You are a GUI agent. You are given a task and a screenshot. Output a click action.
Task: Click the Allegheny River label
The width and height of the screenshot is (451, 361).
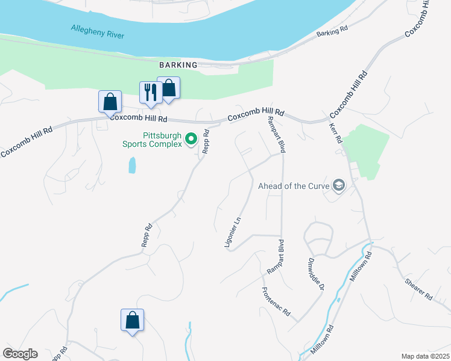(x=97, y=31)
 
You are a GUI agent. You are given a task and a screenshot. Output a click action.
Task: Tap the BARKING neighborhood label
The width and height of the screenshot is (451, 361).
(x=178, y=65)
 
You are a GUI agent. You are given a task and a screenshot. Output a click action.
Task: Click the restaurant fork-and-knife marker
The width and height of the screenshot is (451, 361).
(x=149, y=92)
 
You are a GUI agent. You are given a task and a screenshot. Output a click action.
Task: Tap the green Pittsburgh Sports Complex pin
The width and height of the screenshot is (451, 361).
(x=191, y=140)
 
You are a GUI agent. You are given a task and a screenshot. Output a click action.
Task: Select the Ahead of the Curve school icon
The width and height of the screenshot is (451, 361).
(x=338, y=185)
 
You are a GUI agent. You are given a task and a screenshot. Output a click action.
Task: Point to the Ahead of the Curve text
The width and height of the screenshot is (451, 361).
(x=293, y=185)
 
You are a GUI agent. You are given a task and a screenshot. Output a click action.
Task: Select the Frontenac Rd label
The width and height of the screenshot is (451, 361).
(x=276, y=301)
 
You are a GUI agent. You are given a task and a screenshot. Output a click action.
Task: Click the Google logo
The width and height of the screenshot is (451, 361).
(x=20, y=354)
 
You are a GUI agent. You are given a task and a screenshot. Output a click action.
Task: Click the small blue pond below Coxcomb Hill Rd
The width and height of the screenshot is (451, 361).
(x=132, y=165)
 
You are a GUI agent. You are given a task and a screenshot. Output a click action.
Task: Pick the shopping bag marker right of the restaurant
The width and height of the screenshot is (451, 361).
(x=169, y=88)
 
